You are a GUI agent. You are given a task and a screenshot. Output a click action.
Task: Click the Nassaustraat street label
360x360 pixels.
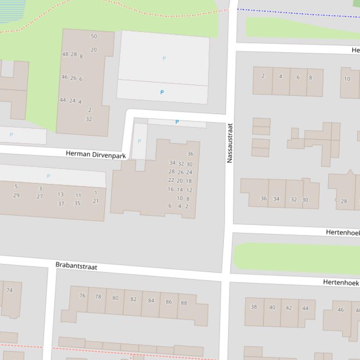point(229,143)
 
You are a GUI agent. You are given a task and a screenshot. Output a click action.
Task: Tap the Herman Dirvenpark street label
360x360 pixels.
point(96,154)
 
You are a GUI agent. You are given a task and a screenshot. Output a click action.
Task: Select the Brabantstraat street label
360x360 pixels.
point(76,266)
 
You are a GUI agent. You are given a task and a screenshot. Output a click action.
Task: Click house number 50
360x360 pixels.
point(94,36)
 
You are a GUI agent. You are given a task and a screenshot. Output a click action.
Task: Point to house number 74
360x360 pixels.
point(9,290)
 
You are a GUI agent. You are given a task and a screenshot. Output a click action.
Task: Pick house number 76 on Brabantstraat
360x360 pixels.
point(82,295)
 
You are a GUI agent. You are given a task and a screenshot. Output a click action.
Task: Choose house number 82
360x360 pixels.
point(133,299)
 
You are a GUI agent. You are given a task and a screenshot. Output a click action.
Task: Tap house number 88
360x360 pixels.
point(184,303)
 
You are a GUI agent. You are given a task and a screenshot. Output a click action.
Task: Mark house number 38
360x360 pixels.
point(254,307)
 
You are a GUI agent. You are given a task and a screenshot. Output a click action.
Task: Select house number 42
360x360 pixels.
point(289,308)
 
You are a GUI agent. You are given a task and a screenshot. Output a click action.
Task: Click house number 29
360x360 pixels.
point(16,195)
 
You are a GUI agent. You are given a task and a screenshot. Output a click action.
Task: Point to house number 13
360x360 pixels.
point(61,194)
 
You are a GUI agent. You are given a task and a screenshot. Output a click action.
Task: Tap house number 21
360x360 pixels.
point(96,201)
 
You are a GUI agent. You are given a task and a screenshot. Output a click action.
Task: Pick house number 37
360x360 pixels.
point(61,204)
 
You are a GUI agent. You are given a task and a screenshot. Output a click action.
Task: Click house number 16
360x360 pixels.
point(170,189)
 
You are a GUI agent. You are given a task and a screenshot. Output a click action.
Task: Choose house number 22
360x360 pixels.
point(171,180)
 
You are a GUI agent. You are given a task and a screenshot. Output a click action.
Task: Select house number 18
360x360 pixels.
point(189,181)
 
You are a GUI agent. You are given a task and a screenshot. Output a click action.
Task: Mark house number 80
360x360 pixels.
point(115,298)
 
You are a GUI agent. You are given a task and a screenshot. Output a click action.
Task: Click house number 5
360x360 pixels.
point(16,187)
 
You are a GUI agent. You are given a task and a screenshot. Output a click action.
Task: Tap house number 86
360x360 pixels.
point(169,302)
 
